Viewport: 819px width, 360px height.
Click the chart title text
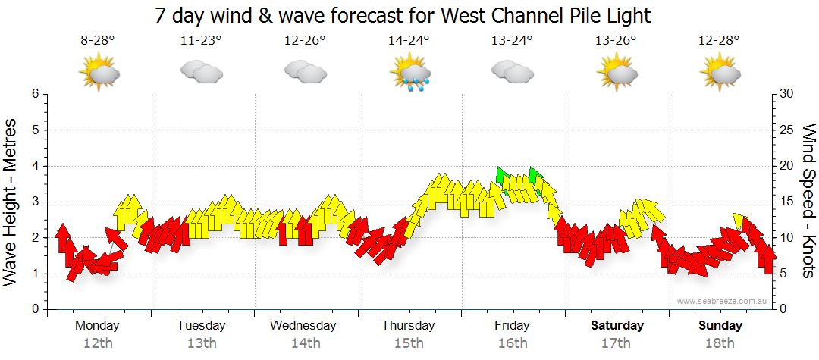(403, 15)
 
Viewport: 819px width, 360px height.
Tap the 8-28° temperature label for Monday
(97, 42)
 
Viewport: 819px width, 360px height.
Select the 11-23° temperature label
(201, 42)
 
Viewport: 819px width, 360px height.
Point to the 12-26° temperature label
(305, 42)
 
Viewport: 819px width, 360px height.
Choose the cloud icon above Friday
(512, 71)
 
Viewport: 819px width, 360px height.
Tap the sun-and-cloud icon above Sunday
(720, 73)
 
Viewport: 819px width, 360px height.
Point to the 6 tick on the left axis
(34, 94)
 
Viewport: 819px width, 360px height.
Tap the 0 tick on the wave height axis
(34, 309)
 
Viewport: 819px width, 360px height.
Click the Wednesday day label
(303, 326)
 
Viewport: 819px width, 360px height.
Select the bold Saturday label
(617, 326)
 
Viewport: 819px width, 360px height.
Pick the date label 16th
(513, 343)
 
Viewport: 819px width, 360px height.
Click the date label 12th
(97, 343)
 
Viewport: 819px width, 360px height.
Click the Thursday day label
(408, 326)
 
